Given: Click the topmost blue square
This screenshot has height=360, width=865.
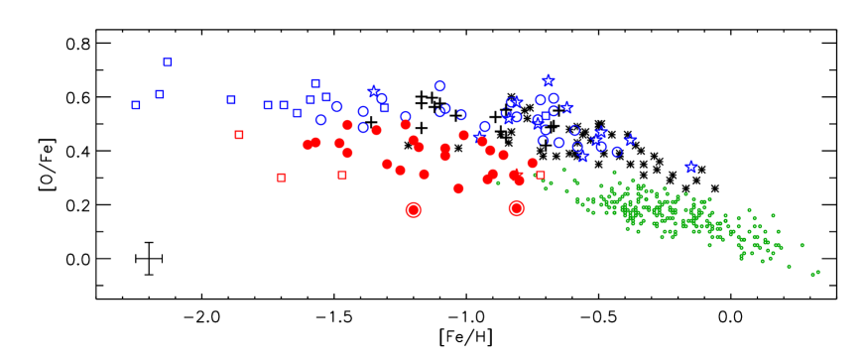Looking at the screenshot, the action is pyautogui.click(x=168, y=62).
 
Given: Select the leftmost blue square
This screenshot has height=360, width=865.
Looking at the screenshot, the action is pyautogui.click(x=136, y=105).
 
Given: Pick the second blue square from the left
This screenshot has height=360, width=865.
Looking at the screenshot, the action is pyautogui.click(x=159, y=94).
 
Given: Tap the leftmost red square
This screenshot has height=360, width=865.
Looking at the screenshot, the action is pyautogui.click(x=239, y=135).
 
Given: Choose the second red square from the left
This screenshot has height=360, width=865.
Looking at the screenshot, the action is pyautogui.click(x=282, y=178).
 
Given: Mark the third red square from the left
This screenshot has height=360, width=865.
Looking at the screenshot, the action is pyautogui.click(x=342, y=175).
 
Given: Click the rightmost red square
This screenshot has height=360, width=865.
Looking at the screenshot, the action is pyautogui.click(x=540, y=176).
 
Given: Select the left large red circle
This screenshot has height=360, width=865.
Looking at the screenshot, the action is pyautogui.click(x=414, y=209).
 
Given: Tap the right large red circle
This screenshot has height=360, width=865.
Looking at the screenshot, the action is pyautogui.click(x=517, y=208).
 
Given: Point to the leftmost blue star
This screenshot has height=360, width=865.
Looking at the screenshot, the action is pyautogui.click(x=374, y=91).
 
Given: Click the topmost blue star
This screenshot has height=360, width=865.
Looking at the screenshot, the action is pyautogui.click(x=549, y=80).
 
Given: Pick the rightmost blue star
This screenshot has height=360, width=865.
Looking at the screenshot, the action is pyautogui.click(x=691, y=167).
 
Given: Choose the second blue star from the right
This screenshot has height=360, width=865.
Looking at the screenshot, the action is pyautogui.click(x=631, y=140).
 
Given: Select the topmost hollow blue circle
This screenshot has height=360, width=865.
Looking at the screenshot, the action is pyautogui.click(x=439, y=86).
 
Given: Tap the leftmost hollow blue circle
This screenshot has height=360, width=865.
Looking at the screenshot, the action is pyautogui.click(x=320, y=120).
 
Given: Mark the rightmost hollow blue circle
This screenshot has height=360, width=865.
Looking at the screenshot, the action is pyautogui.click(x=617, y=152).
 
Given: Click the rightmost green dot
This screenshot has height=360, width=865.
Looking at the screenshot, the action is pyautogui.click(x=817, y=272).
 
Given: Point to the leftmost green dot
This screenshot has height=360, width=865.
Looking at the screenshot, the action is pyautogui.click(x=498, y=182).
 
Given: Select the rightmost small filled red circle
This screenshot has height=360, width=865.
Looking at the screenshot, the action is pyautogui.click(x=533, y=163).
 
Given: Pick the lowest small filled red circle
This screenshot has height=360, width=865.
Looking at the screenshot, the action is pyautogui.click(x=458, y=188).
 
